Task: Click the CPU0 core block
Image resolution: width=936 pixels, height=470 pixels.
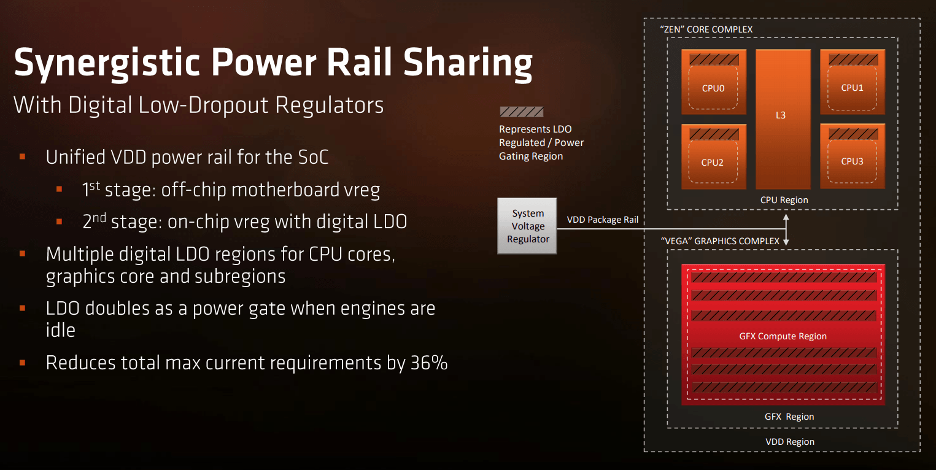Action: coord(714,82)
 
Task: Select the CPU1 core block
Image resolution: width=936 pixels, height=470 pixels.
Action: coord(853,82)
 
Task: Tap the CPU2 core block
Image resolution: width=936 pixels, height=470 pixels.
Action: coord(714,156)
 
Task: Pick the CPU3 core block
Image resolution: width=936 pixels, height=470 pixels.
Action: coord(853,156)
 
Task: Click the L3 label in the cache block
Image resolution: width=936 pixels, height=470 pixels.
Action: coord(781,115)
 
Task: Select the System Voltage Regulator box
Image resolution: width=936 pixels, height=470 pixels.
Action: coord(527,226)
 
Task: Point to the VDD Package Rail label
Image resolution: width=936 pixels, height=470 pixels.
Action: coord(603,220)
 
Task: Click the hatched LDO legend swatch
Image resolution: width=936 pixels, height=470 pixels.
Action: coord(522,112)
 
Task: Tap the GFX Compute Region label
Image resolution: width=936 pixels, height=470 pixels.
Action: coord(783,336)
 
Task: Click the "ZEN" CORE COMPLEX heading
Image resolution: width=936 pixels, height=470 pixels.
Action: coord(706,29)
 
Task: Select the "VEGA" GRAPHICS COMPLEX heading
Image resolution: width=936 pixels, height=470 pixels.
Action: coord(720,241)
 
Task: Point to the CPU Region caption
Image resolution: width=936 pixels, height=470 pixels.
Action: coord(784,200)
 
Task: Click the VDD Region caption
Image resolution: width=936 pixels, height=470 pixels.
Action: coord(790,442)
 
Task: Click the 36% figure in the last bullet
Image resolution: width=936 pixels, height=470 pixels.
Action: coord(429,363)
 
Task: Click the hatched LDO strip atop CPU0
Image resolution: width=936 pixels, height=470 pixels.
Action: coord(714,60)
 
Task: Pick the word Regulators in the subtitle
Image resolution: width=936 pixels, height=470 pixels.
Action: coord(329,105)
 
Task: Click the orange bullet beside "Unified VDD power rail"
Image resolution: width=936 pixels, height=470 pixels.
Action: coord(23,157)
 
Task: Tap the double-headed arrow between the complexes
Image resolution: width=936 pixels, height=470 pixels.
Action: coord(786,229)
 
